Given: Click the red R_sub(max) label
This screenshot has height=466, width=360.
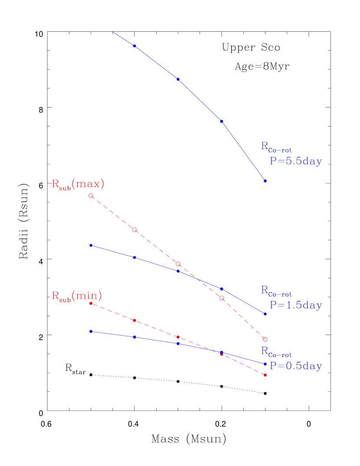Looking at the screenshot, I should pos(78,184).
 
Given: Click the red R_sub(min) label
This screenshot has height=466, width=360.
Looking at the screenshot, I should pos(77,296).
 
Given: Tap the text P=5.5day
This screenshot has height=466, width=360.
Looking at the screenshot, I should pos(296,162).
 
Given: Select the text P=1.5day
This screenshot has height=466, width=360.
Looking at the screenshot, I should pos(296,305).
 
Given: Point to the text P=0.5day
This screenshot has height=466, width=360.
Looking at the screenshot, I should pos(296,366).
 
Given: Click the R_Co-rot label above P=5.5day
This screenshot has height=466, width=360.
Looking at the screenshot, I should pos(276,147).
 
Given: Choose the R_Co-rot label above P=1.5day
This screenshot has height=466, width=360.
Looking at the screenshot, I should pos(276,291).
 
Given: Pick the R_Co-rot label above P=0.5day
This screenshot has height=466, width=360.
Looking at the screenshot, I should pos(276,352).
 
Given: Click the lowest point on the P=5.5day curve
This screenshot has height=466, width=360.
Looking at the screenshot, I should pos(265,181).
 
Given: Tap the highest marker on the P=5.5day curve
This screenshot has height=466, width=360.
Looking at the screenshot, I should pos(134,46).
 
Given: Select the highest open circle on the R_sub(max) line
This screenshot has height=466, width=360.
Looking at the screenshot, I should pos(91,196).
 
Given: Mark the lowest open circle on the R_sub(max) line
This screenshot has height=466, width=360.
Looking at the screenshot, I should pos(265,339).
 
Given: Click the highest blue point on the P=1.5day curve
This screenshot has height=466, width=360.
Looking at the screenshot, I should pos(91,245).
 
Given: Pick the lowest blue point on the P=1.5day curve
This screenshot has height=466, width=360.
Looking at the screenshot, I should pos(265,313).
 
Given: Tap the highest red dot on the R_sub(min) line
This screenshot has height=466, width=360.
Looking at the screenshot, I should pos(91,303).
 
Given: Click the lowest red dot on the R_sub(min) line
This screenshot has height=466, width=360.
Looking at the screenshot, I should pos(265,375).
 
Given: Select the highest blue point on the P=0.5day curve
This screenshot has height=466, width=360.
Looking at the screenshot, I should pos(91,331).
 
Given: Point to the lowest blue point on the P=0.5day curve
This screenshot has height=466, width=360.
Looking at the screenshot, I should pos(265,364).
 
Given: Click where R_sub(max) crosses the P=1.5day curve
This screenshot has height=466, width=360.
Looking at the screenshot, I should pos(196,278).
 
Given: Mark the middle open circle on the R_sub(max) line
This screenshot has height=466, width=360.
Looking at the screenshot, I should pos(178,264).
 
